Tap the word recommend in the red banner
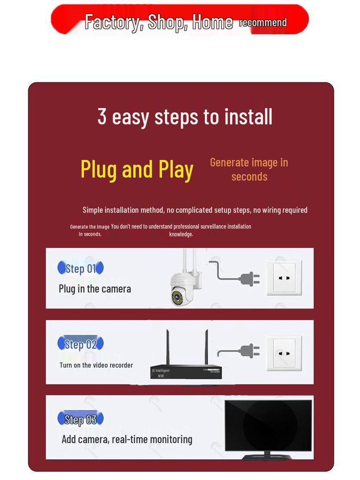point(263,22)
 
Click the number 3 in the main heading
point(102,116)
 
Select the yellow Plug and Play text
point(137,170)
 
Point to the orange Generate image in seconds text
point(249,169)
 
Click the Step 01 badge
point(80,268)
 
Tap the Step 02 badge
point(80,344)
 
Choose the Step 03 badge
point(80,419)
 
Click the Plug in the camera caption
point(95,289)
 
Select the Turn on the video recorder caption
point(96,365)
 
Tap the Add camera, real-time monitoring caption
point(127,439)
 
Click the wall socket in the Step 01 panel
point(284,278)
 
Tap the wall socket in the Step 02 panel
point(284,353)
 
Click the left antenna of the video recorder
point(168,347)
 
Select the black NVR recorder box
point(186,371)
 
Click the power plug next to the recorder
point(248,351)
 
